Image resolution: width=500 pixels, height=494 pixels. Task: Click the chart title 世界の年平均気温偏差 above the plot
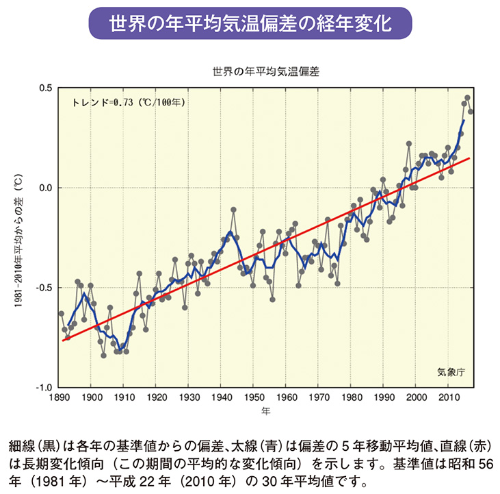pyautogui.click(x=266, y=71)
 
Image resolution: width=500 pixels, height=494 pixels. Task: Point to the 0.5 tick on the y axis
pyautogui.click(x=47, y=88)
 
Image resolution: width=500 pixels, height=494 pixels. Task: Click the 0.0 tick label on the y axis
pyautogui.click(x=47, y=188)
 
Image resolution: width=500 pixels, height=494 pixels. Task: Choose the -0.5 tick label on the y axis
pyautogui.click(x=45, y=288)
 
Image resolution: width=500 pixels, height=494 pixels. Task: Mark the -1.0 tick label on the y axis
pyautogui.click(x=45, y=387)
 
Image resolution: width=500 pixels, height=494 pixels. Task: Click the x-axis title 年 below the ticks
pyautogui.click(x=266, y=411)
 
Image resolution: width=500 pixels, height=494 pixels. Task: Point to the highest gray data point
pyautogui.click(x=468, y=98)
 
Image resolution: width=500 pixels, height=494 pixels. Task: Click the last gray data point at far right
pyautogui.click(x=471, y=112)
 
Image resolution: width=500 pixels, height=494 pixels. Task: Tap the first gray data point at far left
pyautogui.click(x=62, y=314)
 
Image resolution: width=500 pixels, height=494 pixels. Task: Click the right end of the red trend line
pyautogui.click(x=469, y=158)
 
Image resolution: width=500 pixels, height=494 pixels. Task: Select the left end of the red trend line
pyautogui.click(x=63, y=340)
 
